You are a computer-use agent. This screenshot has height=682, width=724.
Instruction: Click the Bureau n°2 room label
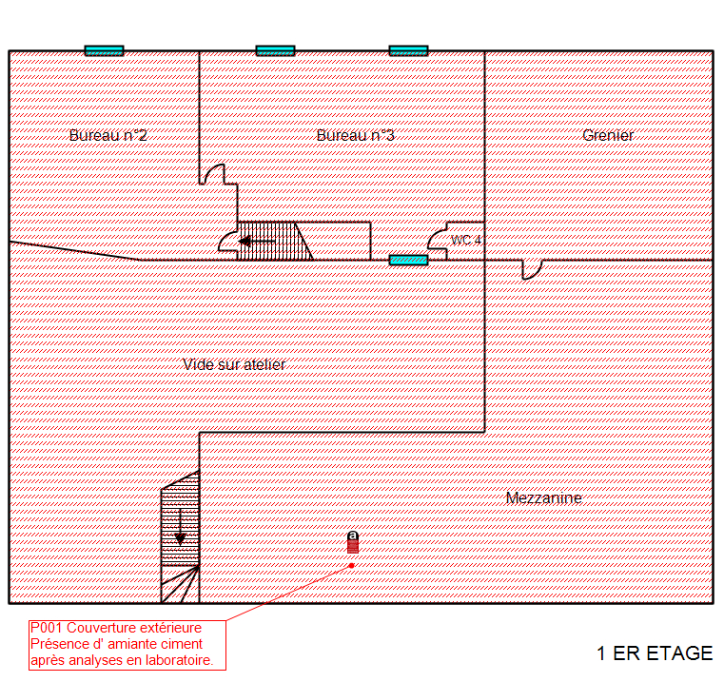tap(108, 135)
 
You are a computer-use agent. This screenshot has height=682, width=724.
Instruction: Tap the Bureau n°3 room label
tap(355, 135)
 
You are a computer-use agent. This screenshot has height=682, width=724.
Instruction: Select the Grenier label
tap(608, 135)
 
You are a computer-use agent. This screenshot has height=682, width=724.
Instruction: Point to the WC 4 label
tap(466, 240)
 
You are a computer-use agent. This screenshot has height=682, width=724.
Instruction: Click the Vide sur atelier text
tap(234, 364)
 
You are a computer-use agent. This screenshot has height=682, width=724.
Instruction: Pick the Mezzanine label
tap(543, 497)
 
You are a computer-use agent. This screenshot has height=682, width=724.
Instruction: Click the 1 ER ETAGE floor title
tap(655, 653)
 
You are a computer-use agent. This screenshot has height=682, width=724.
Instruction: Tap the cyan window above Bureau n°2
tap(104, 50)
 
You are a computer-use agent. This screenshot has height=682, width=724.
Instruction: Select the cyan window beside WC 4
tap(408, 260)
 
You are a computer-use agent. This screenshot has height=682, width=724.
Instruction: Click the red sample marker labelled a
tap(353, 542)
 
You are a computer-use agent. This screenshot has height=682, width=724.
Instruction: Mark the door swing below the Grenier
tap(532, 268)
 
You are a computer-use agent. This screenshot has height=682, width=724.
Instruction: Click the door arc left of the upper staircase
tap(228, 239)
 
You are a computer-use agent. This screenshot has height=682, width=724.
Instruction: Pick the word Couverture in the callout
tap(100, 628)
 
